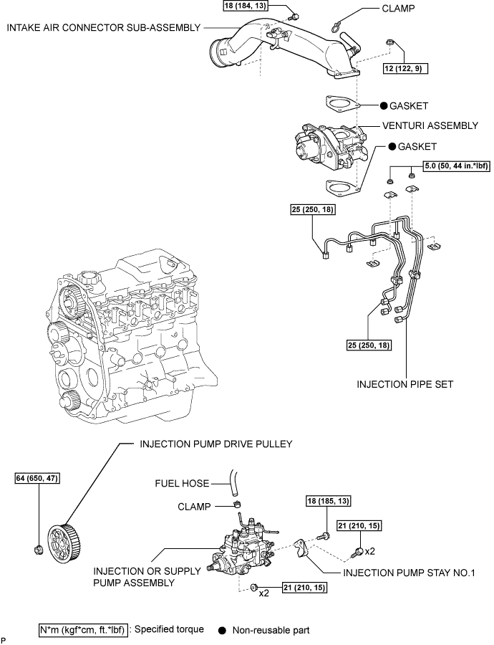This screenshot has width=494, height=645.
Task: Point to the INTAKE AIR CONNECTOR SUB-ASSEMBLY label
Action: click(102, 27)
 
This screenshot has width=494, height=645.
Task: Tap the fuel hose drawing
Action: click(234, 482)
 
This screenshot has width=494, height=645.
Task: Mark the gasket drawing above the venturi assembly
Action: click(341, 105)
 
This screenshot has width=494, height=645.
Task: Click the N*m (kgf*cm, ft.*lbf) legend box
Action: click(83, 631)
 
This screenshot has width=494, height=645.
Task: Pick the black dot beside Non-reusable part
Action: click(222, 631)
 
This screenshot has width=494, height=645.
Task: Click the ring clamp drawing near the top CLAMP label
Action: click(334, 28)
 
